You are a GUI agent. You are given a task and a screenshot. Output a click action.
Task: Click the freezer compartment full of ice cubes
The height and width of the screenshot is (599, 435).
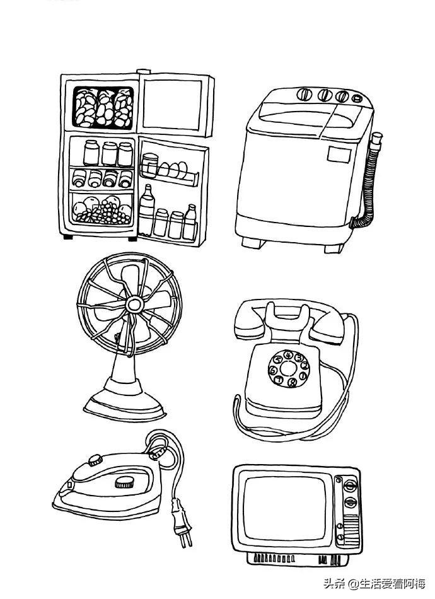coord(103,107)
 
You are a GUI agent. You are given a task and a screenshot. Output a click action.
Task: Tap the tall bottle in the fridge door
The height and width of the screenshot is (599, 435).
coord(147,211)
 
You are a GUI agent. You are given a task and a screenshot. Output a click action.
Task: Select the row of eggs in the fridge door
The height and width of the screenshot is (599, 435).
coord(173,170)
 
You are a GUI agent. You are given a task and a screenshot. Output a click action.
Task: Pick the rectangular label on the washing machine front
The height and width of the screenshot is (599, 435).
coord(339,154)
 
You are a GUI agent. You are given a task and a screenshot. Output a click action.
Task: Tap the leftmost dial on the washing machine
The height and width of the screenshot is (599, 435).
coord(304,94)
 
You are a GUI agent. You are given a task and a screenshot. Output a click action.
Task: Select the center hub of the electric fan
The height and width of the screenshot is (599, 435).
coord(135,305)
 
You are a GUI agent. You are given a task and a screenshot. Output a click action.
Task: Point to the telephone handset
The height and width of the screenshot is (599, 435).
coord(289,321)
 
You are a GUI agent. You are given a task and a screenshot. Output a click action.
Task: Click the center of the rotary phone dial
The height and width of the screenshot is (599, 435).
coord(288,369)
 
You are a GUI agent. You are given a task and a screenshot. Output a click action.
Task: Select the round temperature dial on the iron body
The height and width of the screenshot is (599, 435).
coord(124,482)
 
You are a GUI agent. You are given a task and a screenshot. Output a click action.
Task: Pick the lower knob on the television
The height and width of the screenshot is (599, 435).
coord(351,502)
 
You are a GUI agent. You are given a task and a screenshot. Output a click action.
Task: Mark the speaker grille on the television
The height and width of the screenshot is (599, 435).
coord(351,529)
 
